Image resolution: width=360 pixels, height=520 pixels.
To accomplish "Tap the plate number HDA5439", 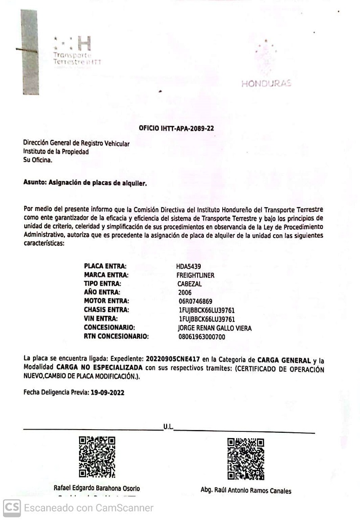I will point(189,266).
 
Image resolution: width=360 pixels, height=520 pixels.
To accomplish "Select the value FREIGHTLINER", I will point(195,275).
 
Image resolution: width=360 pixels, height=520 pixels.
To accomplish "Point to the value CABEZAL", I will point(189,284).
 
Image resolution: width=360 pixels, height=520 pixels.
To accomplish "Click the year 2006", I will point(185,292).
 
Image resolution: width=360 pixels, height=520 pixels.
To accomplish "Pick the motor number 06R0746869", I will point(195,301).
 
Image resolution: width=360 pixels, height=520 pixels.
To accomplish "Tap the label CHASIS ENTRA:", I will point(106,310).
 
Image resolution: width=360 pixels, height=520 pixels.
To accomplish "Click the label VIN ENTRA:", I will point(101,318).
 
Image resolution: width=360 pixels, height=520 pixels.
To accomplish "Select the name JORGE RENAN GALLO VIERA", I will point(215,328).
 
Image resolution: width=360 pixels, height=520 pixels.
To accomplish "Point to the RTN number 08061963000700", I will point(202,336).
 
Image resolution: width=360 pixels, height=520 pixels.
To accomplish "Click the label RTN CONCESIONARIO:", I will point(116,336).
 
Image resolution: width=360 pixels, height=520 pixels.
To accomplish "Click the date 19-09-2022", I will point(107,392).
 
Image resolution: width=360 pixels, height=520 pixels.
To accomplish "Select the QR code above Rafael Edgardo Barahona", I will point(97,457).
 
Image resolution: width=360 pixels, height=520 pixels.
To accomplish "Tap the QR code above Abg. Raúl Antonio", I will point(245,458).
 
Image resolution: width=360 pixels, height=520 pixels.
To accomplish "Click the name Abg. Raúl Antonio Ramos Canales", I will point(246,491).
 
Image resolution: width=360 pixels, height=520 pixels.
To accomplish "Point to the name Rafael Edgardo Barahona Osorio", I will point(97,489).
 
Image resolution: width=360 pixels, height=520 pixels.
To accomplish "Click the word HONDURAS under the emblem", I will point(266,83).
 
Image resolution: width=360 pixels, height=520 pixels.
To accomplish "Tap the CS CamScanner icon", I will point(12,508).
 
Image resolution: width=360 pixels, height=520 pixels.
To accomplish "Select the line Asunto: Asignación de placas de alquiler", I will point(85,184).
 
